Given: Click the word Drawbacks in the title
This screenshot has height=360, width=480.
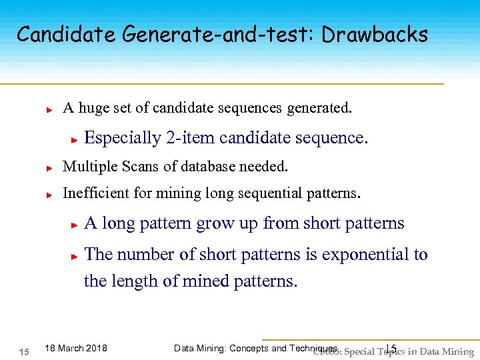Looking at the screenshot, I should [375, 34].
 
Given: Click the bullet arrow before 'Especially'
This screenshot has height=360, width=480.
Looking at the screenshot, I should [75, 139].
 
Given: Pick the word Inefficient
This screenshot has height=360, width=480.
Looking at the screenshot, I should [95, 193].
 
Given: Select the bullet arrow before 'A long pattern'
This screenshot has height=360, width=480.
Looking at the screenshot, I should [75, 225].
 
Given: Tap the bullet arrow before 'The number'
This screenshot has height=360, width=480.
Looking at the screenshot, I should [75, 255].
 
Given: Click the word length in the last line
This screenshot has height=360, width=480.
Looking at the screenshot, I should [135, 281].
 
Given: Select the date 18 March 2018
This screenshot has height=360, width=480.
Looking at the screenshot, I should [75, 348].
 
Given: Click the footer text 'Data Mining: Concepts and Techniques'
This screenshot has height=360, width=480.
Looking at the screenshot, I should [255, 348].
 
